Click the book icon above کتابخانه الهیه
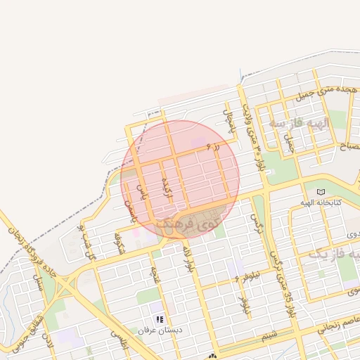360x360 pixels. click(x=321, y=192)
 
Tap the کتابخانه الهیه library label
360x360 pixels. click(x=321, y=202)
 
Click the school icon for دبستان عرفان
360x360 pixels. click(x=160, y=319)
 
